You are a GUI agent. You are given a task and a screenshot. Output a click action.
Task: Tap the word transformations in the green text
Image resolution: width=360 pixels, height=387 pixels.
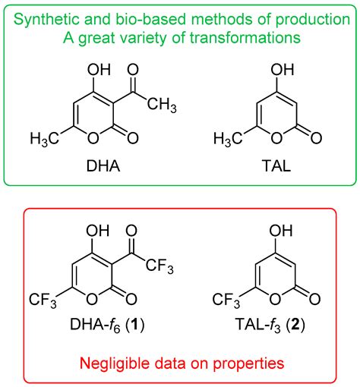[242, 36]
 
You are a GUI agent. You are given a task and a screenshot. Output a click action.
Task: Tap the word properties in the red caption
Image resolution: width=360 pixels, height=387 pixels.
[249, 363]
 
